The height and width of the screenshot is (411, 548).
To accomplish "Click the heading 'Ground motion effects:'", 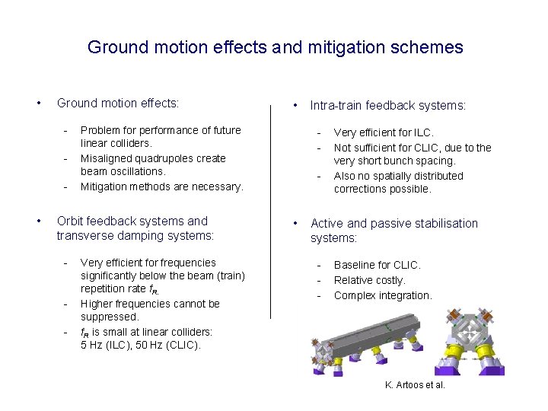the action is coord(118,103).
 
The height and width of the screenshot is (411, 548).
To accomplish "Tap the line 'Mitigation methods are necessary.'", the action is coord(161,186).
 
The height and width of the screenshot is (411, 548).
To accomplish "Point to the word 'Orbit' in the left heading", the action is coord(71,221).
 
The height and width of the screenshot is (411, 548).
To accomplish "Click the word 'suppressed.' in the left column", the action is coord(110,317).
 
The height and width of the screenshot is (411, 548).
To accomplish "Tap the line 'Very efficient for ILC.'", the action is coord(384,133).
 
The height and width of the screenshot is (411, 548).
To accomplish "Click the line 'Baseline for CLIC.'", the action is coord(377,265).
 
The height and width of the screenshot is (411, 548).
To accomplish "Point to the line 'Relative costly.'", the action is coord(369,280).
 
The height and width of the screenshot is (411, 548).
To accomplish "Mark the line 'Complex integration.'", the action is coord(382,295).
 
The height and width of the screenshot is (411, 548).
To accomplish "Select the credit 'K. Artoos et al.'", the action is coord(415,385).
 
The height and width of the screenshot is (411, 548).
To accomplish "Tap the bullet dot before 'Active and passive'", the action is coord(295,224).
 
